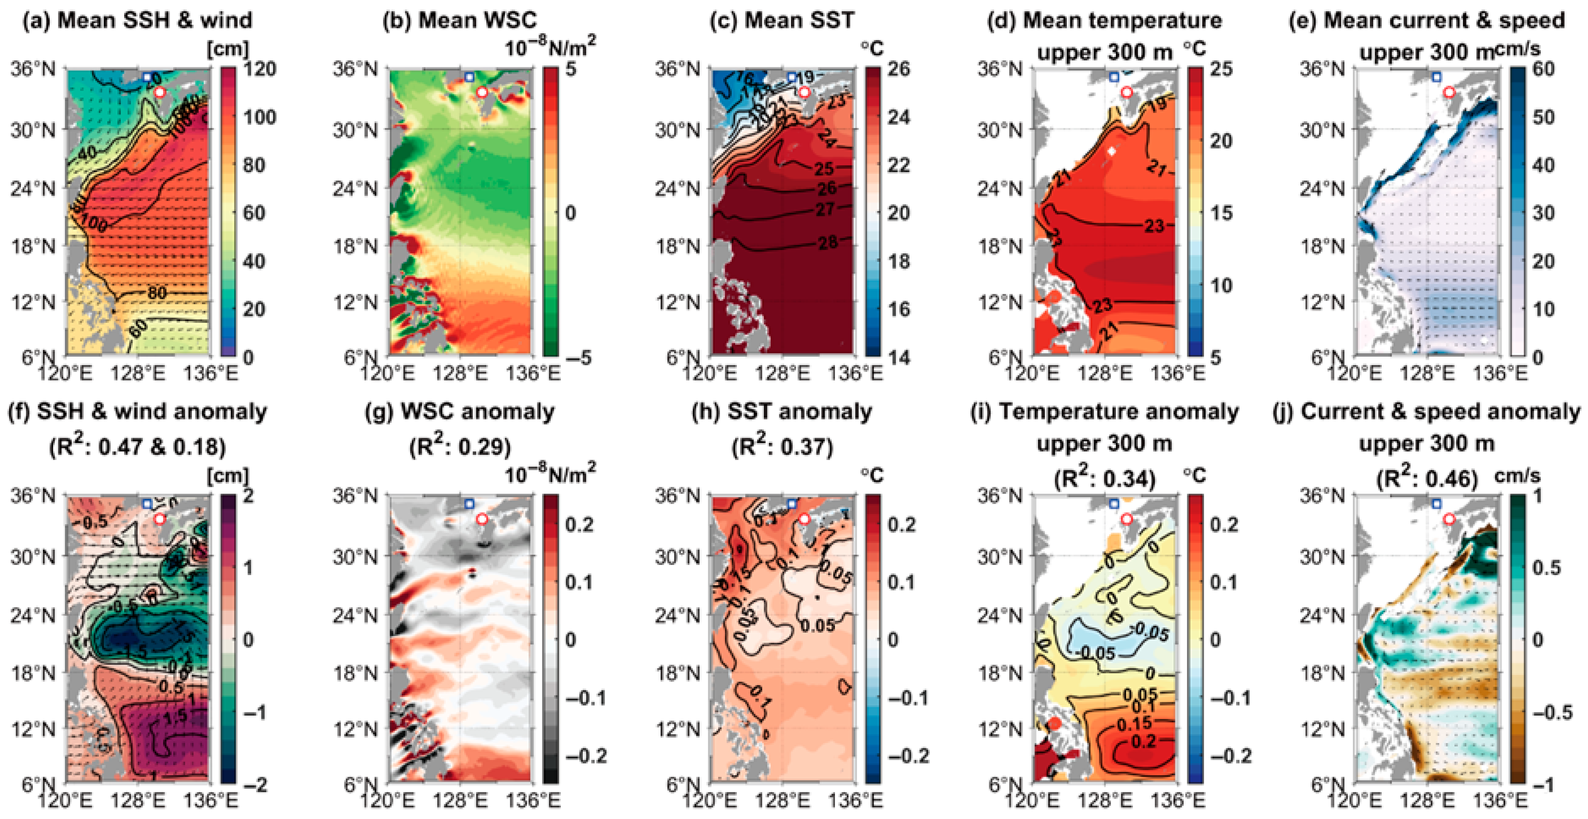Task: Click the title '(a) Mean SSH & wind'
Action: [137, 20]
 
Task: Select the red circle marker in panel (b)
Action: [482, 92]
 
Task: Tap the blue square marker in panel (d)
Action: [1113, 76]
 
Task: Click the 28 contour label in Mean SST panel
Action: [828, 242]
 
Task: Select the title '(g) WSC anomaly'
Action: [468, 411]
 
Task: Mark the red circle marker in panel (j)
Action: [1449, 519]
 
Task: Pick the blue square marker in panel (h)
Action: [792, 504]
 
